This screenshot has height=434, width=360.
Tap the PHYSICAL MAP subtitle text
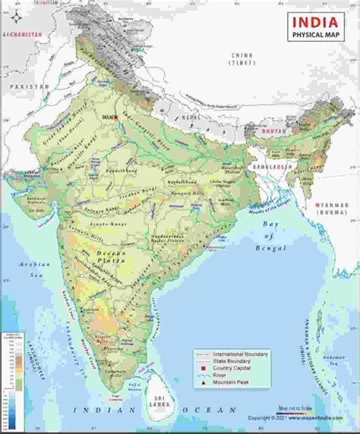coord(312,35)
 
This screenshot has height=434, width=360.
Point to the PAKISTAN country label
coord(30,87)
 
